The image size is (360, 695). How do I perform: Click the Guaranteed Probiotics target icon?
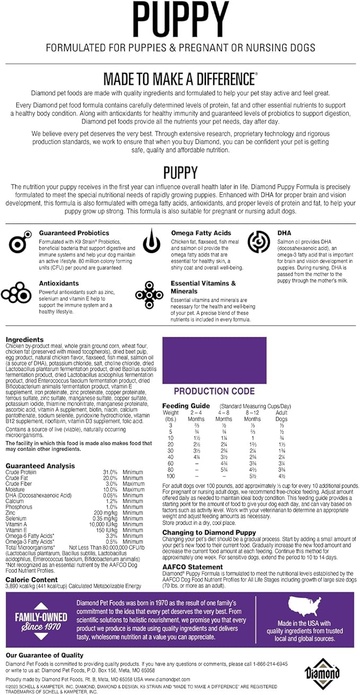[x=20, y=242]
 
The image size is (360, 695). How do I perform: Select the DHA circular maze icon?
[x=260, y=240]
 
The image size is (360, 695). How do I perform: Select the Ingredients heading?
[x=24, y=340]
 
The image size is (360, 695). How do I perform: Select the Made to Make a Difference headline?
[x=179, y=79]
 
